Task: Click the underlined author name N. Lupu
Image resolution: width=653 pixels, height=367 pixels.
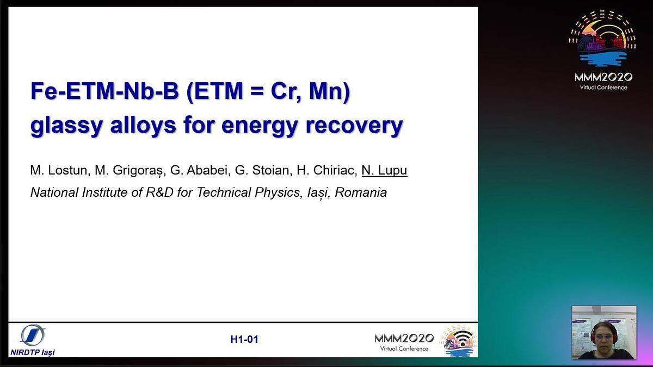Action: (x=384, y=170)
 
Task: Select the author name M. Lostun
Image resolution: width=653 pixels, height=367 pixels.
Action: (x=59, y=170)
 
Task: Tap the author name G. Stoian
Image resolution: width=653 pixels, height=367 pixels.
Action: (x=263, y=170)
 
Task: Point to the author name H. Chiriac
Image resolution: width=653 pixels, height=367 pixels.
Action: (x=327, y=170)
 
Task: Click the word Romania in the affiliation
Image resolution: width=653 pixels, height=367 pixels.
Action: (x=361, y=192)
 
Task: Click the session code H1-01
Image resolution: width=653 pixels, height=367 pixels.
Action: (x=244, y=339)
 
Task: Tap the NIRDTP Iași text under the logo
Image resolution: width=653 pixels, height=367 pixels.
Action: (x=33, y=352)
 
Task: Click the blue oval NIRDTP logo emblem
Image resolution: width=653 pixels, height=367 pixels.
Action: (x=33, y=335)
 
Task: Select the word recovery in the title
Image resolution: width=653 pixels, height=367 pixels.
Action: (x=354, y=126)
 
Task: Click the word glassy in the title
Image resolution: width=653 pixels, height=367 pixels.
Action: (x=66, y=126)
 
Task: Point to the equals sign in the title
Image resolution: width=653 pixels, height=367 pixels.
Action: (x=256, y=91)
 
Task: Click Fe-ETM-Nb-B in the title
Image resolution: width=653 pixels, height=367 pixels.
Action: (x=104, y=91)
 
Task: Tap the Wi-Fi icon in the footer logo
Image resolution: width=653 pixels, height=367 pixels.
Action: (x=463, y=338)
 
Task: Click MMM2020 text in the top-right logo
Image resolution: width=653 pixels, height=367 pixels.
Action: (x=603, y=77)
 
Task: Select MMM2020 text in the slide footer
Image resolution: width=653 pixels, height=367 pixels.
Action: (x=404, y=338)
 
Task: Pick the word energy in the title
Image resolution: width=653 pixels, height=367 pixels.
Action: (x=259, y=126)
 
